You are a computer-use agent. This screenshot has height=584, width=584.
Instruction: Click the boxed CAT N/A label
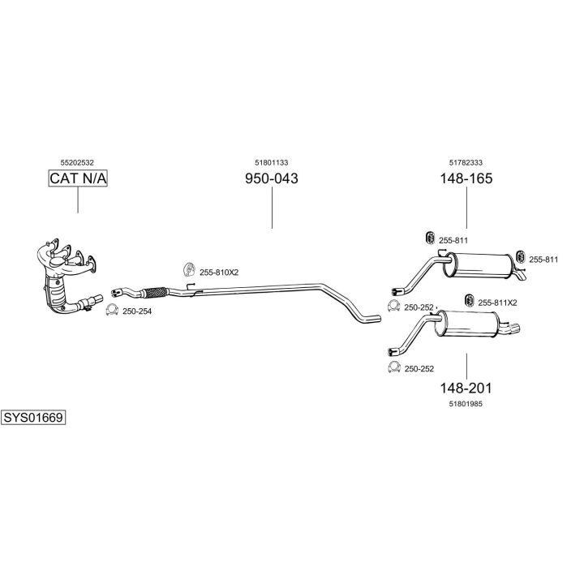(78, 178)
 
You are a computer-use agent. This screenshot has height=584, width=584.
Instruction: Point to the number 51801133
(272, 162)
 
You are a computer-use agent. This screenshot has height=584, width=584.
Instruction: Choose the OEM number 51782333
(466, 162)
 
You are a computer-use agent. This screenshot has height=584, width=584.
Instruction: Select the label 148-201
(466, 388)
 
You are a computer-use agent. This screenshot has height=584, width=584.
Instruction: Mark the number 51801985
(466, 403)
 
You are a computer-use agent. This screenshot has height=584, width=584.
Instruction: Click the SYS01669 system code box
(33, 417)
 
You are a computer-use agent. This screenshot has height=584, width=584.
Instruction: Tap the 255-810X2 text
(219, 273)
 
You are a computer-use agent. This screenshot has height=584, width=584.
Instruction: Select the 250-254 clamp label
(136, 311)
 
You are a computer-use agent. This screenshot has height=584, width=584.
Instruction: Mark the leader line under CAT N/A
(78, 200)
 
